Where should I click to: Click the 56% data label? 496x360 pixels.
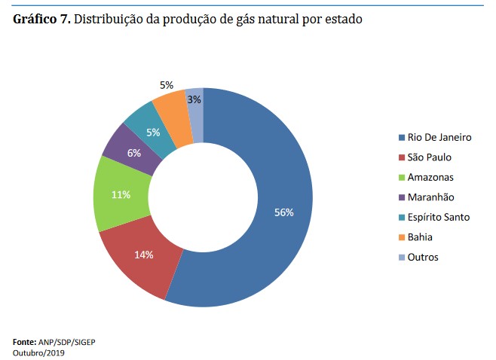pos(284,213)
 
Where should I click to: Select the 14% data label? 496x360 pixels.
pos(144,255)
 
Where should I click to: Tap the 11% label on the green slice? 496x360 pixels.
pos(121,194)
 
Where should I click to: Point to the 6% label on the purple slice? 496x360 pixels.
pos(134,153)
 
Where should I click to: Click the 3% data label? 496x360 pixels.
pos(194,99)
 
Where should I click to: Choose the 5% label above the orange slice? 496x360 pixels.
pos(167,85)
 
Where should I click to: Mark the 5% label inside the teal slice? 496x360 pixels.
pos(153,133)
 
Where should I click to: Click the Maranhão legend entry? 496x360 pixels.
pos(430,197)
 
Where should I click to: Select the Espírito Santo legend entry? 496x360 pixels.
pos(438,217)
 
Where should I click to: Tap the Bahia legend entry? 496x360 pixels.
pos(420,237)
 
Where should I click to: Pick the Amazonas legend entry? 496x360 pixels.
pos(430,177)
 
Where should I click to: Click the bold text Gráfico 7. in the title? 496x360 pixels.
pos(42,20)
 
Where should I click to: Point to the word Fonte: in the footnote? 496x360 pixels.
pos(27,342)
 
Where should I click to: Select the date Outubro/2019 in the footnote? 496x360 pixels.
pos(39,352)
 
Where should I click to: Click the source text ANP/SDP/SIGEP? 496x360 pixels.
pos(70,342)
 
